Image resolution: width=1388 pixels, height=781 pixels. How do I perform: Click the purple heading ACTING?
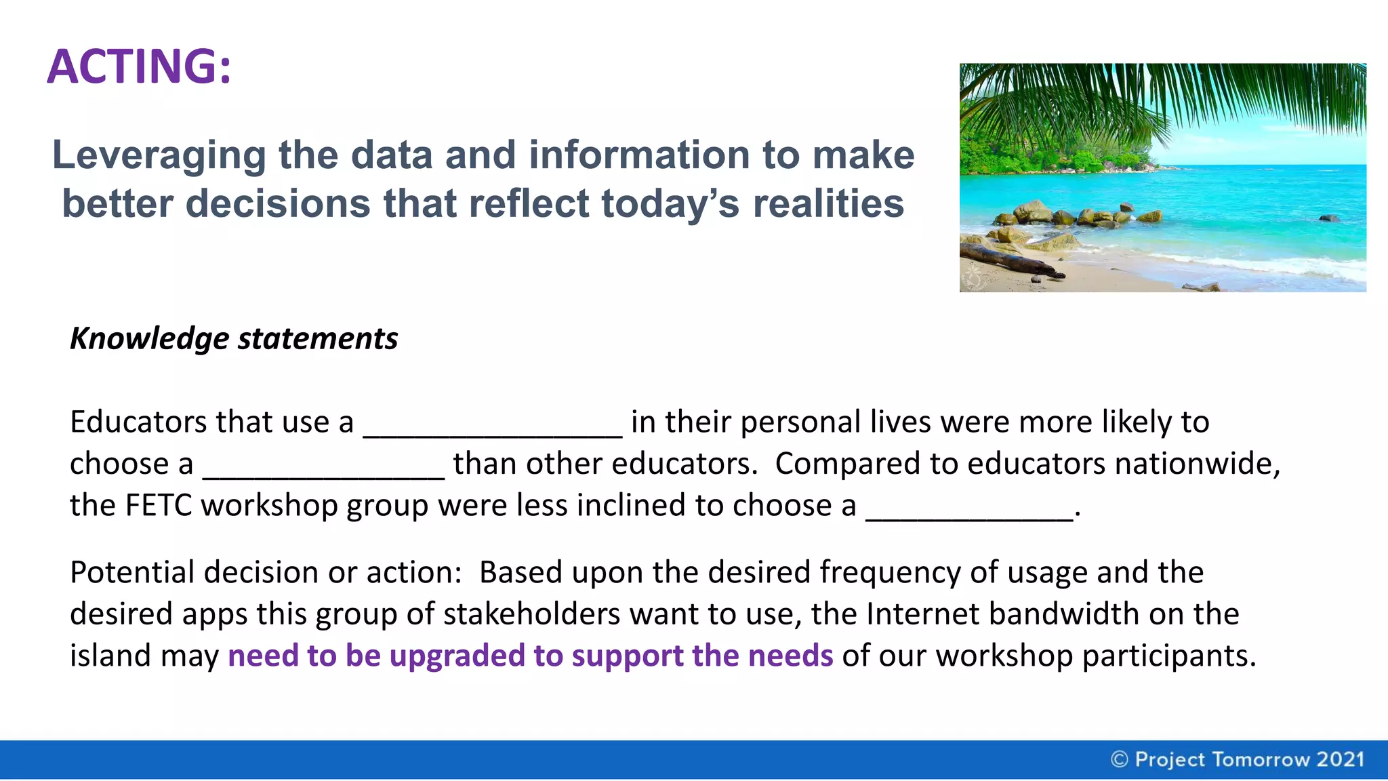click(x=139, y=66)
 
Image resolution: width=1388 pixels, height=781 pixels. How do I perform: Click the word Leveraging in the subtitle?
click(x=159, y=155)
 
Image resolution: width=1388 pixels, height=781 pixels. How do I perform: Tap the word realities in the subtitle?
click(x=828, y=203)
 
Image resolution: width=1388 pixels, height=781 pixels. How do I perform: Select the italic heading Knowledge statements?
click(x=234, y=338)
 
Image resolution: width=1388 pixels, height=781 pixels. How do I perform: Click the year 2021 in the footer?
click(x=1340, y=759)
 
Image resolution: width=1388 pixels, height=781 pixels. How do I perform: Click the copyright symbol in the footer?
click(x=1120, y=759)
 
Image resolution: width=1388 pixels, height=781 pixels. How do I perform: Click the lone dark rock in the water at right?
click(x=1328, y=218)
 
